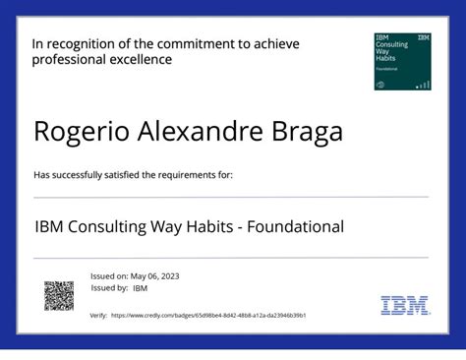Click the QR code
coord(59,296)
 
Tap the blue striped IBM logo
coord(405,305)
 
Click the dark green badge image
coord(403,61)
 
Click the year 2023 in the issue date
coord(168,276)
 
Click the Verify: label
coord(98,316)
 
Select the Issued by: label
coord(109,288)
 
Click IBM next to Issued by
coord(140,288)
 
